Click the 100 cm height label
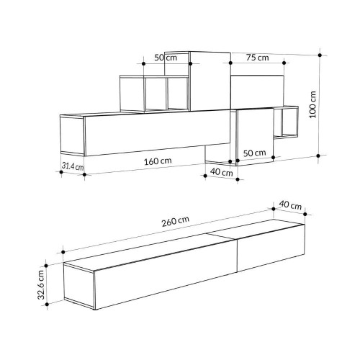tap(312, 104)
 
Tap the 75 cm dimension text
tap(257, 58)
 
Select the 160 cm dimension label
tap(158, 161)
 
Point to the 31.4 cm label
tap(73, 166)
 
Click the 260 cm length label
tap(175, 221)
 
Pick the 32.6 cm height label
tap(41, 284)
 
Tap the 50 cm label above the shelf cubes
tap(166, 58)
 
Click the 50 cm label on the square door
tap(254, 153)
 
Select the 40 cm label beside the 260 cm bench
tap(290, 205)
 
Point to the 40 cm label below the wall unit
tap(221, 172)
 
